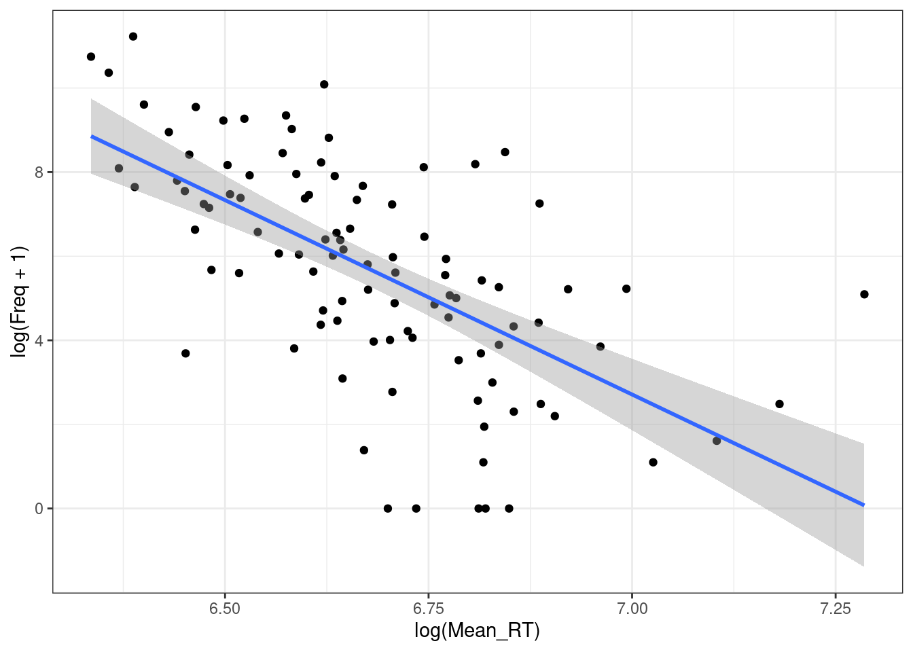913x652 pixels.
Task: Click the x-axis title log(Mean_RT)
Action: click(x=477, y=631)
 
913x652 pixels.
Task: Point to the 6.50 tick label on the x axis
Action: click(x=225, y=609)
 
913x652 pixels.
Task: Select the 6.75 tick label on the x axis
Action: click(x=428, y=609)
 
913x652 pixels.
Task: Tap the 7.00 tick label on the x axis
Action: click(x=632, y=609)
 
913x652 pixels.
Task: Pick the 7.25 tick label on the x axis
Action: click(x=835, y=609)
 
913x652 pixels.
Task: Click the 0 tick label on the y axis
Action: click(x=39, y=508)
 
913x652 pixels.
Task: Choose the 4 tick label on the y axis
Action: click(x=39, y=340)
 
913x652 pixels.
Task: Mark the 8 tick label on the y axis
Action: click(x=39, y=173)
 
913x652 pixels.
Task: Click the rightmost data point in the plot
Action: click(x=864, y=294)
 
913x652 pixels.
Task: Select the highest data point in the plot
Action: click(x=133, y=37)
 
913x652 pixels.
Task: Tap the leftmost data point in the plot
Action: click(x=91, y=56)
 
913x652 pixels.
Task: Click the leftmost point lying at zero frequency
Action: click(x=388, y=508)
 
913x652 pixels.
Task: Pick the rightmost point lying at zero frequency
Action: click(x=509, y=508)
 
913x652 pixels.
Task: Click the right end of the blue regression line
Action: click(x=864, y=505)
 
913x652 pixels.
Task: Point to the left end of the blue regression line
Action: click(x=91, y=137)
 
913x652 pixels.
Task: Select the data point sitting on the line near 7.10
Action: click(x=717, y=441)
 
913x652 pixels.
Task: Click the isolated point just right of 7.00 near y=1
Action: click(x=653, y=463)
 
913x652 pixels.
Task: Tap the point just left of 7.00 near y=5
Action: click(x=626, y=289)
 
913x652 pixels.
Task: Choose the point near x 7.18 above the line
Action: click(x=779, y=403)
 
